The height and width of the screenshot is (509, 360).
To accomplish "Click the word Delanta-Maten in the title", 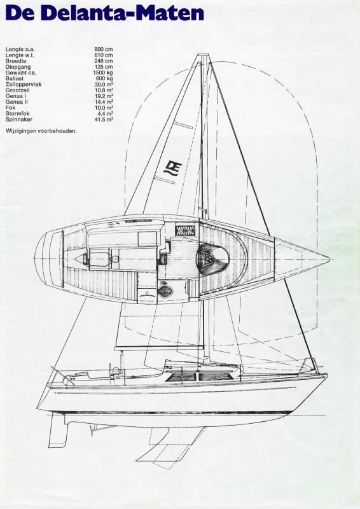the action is coord(122,13).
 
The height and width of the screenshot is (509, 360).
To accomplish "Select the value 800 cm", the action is coord(104,50).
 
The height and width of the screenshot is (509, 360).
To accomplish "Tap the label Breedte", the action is coord(16,61).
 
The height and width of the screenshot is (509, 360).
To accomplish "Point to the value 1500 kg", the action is coord(103,73).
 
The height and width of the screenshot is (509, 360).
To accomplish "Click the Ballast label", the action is coord(15,78).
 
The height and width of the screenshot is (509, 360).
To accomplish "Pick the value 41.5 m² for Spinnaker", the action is coord(104,120).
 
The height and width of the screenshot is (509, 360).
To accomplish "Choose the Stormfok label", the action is coord(18,114).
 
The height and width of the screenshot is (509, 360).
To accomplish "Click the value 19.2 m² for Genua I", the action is coord(104,96).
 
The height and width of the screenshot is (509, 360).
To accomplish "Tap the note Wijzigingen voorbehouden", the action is coord(41,131).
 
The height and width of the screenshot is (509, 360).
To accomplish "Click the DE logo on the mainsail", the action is coord(173,169).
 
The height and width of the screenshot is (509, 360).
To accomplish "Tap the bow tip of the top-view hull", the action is coord(329,260).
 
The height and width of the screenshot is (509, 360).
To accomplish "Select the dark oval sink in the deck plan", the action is coord(165,291).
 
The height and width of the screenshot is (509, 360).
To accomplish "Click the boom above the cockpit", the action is coord(159,348).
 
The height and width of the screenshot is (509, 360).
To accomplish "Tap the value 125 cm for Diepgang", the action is coord(104,67).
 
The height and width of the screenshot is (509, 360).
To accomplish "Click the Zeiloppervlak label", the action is coord(24,85).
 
